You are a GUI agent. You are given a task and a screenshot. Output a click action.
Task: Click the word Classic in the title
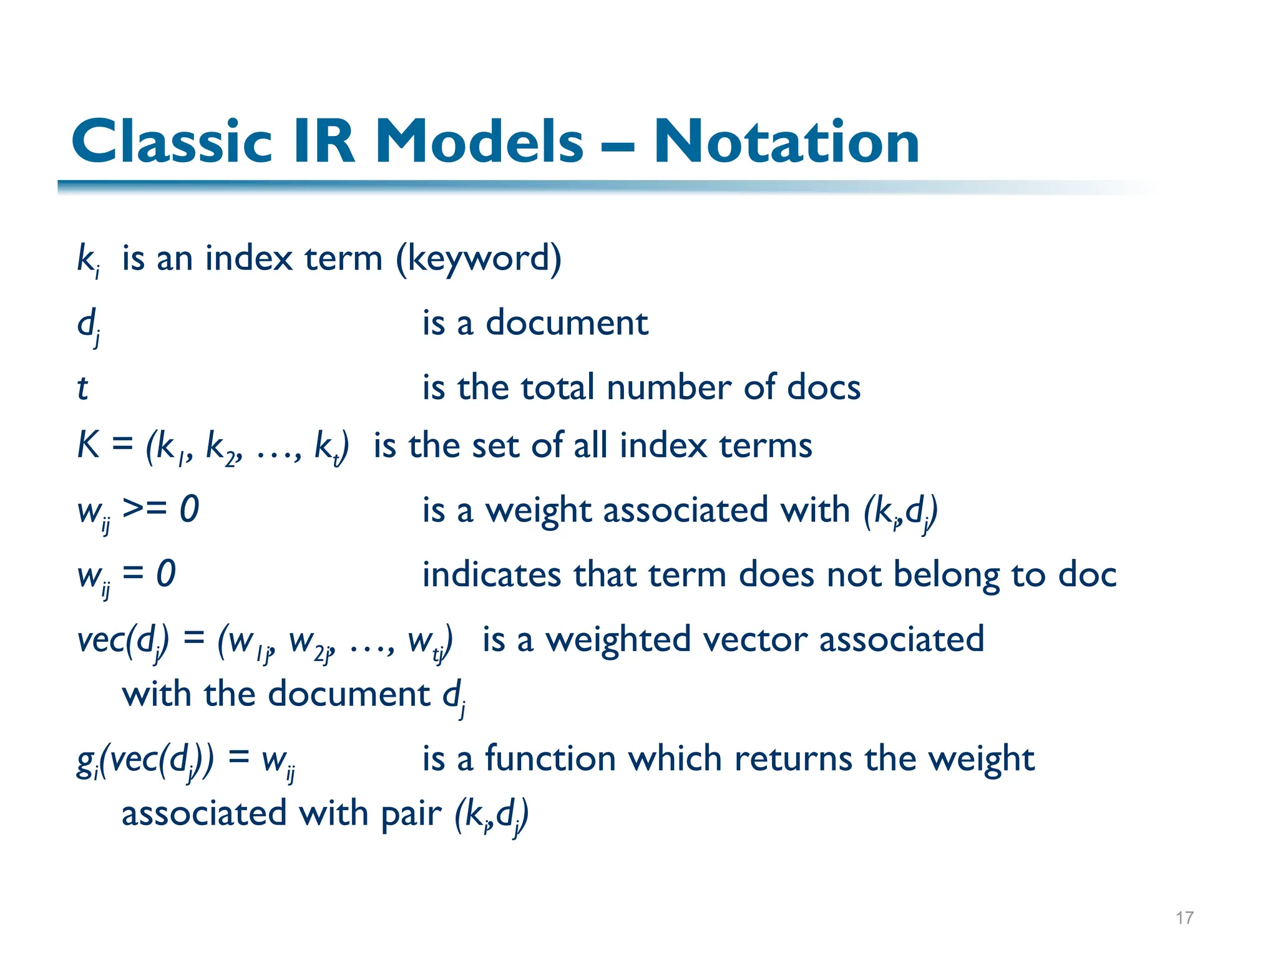172,142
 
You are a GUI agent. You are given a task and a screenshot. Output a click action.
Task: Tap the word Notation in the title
786,142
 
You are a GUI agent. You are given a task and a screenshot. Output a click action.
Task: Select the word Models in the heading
479,142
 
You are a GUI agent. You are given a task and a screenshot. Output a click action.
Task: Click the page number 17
1184,917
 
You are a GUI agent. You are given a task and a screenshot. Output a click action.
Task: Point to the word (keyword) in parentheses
479,259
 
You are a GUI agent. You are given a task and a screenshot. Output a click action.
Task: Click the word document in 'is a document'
567,323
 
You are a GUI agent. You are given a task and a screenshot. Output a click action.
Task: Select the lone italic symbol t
82,388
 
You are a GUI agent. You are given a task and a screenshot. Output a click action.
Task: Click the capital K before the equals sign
88,445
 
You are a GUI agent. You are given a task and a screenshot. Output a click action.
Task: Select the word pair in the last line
411,814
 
